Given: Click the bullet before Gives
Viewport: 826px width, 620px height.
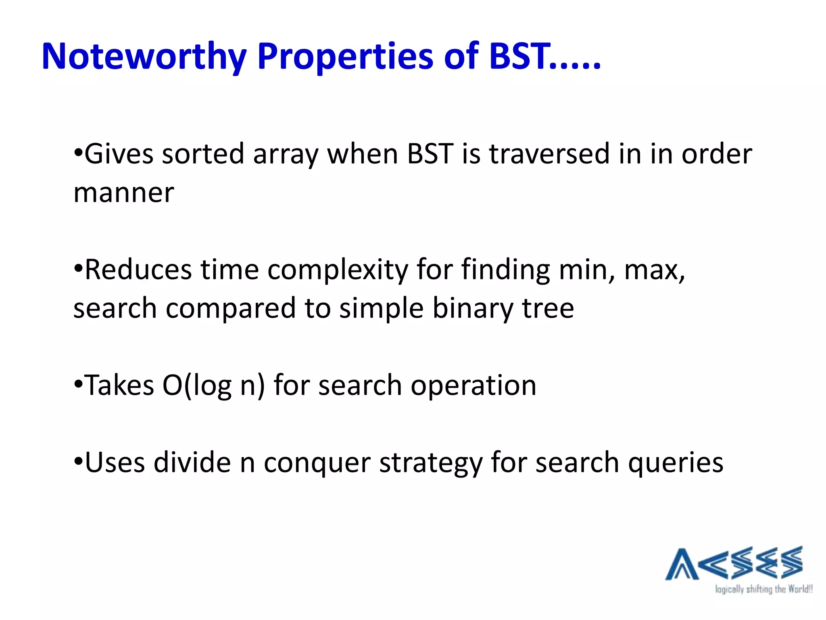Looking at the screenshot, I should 78,153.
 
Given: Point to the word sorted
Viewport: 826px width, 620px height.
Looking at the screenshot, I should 203,154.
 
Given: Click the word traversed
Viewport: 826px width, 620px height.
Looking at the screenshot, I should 549,154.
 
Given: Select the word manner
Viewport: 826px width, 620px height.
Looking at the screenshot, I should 123,193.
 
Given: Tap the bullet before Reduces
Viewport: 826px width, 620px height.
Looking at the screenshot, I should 78,269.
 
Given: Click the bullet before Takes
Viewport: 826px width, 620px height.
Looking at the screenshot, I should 78,384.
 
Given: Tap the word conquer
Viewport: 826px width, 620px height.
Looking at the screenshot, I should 317,463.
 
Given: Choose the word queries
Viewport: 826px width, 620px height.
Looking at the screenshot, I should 676,463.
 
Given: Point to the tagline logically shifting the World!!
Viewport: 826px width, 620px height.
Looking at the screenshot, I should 763,589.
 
